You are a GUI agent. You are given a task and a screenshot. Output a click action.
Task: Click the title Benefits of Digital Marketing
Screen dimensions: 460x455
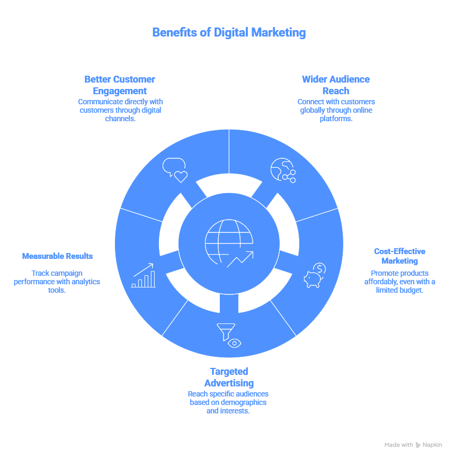tap(228, 33)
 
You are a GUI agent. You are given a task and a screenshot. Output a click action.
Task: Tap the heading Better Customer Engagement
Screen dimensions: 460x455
tap(120, 85)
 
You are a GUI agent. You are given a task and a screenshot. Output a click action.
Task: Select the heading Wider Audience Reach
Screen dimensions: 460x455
tap(335, 85)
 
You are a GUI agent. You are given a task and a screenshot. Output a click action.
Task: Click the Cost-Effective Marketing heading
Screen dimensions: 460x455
tap(399, 256)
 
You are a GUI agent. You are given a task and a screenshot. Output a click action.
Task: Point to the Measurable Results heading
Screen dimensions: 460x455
tap(57, 256)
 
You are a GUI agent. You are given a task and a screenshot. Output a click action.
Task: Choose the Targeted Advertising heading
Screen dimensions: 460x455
tap(229, 377)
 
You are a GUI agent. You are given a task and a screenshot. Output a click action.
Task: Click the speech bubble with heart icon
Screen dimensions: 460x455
tap(175, 170)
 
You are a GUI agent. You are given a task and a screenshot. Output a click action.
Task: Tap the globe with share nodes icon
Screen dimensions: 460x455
tap(283, 170)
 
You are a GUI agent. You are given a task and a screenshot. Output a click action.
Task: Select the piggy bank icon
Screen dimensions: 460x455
tap(315, 276)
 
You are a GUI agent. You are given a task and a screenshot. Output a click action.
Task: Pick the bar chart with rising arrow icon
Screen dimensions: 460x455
tap(144, 276)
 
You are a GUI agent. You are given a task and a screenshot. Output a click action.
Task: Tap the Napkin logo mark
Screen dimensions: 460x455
tap(418, 445)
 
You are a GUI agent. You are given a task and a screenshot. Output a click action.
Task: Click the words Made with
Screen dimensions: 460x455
tap(398, 445)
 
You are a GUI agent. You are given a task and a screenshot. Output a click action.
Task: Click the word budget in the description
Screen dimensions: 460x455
tap(411, 290)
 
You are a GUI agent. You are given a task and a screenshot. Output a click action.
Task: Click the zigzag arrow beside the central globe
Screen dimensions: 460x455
tap(240, 259)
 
